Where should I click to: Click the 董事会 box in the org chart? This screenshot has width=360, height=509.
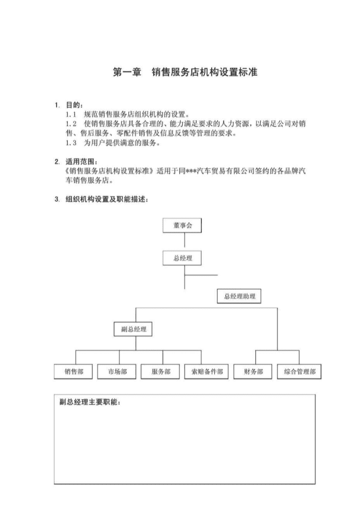tap(182, 225)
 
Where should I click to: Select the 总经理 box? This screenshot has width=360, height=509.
tap(182, 258)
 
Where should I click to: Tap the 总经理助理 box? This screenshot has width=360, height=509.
tap(239, 296)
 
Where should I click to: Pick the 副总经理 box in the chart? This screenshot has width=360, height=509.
tap(133, 329)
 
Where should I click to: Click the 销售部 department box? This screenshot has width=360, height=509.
tap(73, 372)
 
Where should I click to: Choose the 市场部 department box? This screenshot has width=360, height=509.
tap(117, 372)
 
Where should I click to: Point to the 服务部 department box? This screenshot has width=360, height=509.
tap(161, 372)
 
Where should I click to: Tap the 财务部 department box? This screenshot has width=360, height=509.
tap(253, 372)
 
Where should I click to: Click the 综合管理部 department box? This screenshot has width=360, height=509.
tap(299, 372)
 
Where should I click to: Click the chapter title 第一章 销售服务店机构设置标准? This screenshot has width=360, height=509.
tap(185, 72)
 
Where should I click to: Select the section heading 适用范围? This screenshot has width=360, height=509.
tap(81, 162)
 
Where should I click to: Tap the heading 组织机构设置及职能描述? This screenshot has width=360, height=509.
tap(107, 199)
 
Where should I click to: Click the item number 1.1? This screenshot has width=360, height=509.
tap(71, 115)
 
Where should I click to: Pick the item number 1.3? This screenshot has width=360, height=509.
tap(71, 143)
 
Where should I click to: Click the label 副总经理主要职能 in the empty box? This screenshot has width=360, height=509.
tap(90, 402)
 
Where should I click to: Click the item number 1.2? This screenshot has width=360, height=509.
tap(71, 124)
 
